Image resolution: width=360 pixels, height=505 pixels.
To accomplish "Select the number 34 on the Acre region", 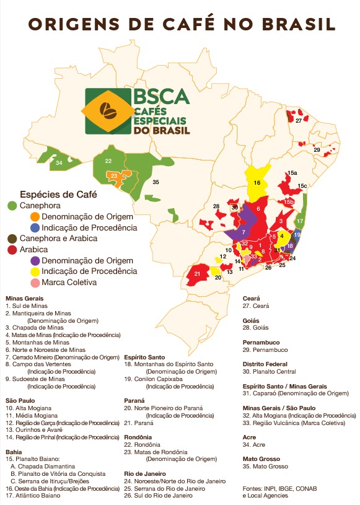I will tap(59, 163).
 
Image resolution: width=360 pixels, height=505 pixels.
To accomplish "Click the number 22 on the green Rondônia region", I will tap(108, 161).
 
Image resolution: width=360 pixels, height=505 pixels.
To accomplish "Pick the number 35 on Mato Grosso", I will tap(156, 182).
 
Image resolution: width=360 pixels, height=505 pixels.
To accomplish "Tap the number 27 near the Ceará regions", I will tap(299, 121).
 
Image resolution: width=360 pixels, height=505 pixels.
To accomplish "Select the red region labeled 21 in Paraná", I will tap(196, 273).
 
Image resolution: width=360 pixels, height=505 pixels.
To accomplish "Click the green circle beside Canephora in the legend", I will tap(12, 205).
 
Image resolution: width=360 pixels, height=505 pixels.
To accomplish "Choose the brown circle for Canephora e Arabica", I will tap(12, 238).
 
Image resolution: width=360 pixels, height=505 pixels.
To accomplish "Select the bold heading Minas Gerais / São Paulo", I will tap(279, 408).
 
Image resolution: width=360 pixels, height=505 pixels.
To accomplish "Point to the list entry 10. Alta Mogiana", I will tap(29, 408).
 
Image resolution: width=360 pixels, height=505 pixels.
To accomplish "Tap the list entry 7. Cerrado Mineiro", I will tap(61, 358).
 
